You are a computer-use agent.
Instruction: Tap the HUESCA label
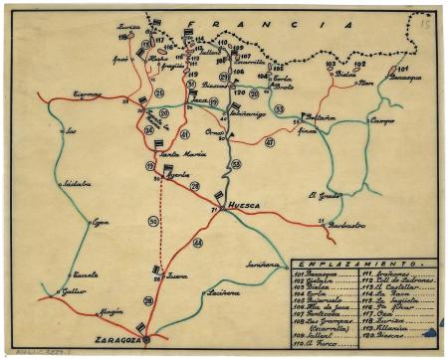click(244, 207)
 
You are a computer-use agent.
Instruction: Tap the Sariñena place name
click(261, 265)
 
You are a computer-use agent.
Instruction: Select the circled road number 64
click(197, 243)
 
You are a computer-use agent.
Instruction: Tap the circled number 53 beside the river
click(236, 163)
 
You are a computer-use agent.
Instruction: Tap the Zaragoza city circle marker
click(147, 339)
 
